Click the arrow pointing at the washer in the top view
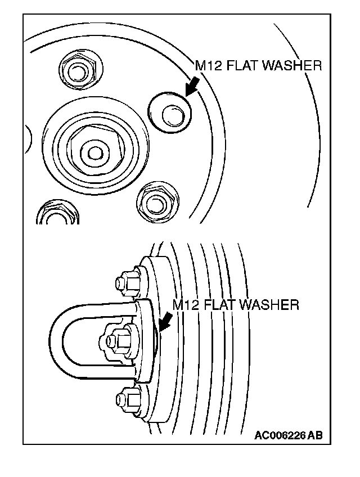tap(192, 85)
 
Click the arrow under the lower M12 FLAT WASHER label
tap(166, 322)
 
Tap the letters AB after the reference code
tap(316, 435)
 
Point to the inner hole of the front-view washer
tap(172, 115)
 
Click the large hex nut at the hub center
tap(94, 150)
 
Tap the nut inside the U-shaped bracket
tap(116, 340)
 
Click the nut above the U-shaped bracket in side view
tap(128, 281)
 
